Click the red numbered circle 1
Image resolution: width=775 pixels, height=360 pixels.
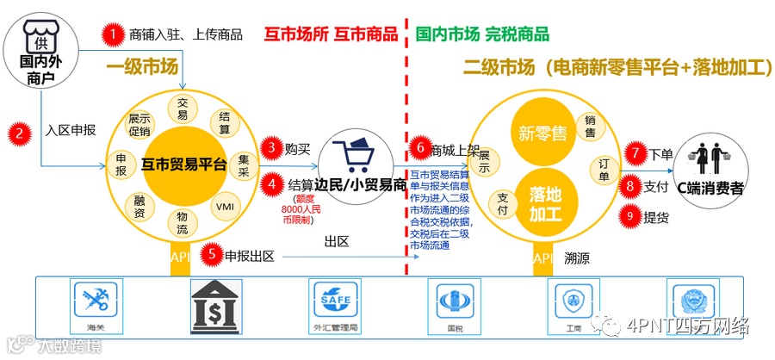(x=112, y=35)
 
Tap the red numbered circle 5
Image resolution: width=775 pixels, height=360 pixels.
(x=210, y=255)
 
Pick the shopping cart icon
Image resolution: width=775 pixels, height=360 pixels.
(x=351, y=158)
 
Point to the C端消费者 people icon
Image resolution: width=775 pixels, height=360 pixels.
(x=711, y=157)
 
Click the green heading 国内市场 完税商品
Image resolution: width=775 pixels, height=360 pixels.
(x=482, y=35)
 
